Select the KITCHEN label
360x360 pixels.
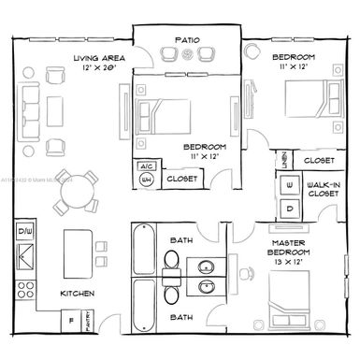pos(79,293)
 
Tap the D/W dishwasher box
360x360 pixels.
pos(24,230)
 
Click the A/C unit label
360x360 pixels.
pos(146,166)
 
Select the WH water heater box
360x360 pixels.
pos(146,179)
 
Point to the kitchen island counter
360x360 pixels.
pos(78,250)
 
